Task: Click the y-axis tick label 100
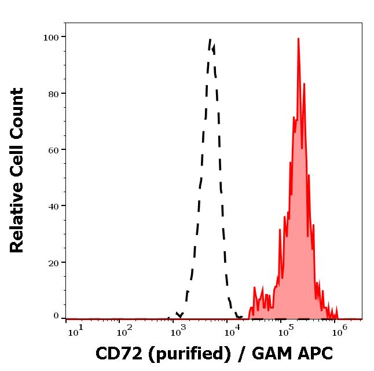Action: (52, 37)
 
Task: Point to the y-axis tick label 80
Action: (54, 93)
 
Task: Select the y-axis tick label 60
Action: (54, 149)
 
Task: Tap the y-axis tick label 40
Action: (54, 205)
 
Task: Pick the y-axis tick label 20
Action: (54, 262)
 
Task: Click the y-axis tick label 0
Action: (56, 316)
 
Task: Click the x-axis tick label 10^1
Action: (75, 332)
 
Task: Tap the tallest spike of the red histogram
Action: (298, 39)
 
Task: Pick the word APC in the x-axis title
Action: (317, 352)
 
